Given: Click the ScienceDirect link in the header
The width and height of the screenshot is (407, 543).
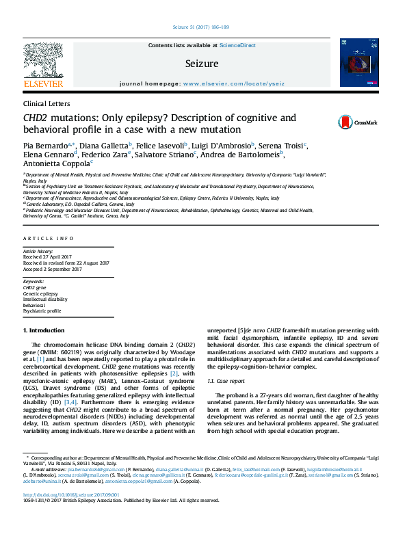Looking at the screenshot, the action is [237, 45].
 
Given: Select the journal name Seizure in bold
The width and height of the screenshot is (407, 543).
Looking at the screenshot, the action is [202, 64].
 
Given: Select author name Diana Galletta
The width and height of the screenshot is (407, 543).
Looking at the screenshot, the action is [103, 146].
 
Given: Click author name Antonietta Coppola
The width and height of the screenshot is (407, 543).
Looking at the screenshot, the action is [56, 163].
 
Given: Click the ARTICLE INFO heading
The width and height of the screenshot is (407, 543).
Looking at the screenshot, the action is [48, 238].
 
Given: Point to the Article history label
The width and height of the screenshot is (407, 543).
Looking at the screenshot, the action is [38, 252].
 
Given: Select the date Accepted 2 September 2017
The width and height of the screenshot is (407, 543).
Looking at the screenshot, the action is [52, 269].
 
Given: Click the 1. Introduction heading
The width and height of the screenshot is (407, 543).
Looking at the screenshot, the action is [44, 331].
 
